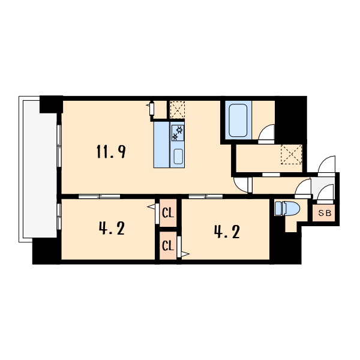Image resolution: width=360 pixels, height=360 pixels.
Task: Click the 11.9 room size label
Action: (111, 152)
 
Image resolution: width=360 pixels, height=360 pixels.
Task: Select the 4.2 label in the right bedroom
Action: (227, 232)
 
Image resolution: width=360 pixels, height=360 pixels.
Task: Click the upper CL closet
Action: (168, 213)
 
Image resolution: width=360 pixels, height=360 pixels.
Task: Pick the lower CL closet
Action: (168, 245)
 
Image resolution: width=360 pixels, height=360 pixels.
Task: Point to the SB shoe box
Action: (324, 213)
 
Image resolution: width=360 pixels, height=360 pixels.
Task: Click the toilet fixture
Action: (287, 208)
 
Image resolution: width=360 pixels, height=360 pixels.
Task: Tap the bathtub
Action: (238, 121)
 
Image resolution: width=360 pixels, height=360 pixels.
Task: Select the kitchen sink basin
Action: (178, 157)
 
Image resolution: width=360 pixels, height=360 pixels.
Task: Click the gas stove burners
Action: (178, 133)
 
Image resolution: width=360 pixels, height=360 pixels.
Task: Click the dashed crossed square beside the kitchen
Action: (177, 110)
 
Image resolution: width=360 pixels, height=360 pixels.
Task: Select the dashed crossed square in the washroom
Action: (292, 154)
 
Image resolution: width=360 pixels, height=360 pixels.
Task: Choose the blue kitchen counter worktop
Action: (161, 145)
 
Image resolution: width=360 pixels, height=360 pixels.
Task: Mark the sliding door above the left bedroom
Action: (99, 197)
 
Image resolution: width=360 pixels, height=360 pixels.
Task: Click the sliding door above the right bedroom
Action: (206, 197)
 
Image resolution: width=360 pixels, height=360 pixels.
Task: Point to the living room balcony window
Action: (59, 146)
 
